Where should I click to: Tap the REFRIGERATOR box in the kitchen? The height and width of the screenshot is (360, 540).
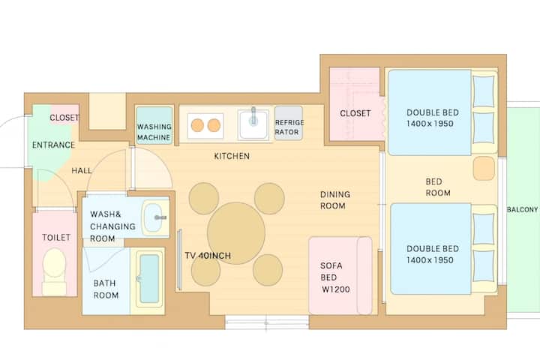point(289,123)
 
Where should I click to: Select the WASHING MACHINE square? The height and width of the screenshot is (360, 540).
point(154,125)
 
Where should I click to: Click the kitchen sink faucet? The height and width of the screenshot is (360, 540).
point(253,115)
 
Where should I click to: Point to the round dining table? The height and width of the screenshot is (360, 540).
point(236,233)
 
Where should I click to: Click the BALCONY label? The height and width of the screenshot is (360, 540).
point(522,209)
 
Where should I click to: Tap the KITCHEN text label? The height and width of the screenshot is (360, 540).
point(232,156)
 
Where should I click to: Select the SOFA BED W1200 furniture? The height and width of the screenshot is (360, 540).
point(340,275)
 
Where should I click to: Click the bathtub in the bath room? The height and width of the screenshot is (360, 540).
point(149,279)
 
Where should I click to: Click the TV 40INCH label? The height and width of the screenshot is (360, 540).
point(208,256)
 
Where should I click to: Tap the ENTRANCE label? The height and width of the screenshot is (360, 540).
point(53,145)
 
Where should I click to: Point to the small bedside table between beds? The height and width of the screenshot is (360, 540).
point(484,169)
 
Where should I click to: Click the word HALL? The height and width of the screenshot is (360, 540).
point(82,170)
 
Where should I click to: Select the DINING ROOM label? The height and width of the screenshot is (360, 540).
point(334,200)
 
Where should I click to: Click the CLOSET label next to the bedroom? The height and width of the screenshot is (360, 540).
point(355,113)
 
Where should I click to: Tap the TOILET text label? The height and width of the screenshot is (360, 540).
point(56,237)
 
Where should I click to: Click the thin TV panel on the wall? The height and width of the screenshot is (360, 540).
point(179,259)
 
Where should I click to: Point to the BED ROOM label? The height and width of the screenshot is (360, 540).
point(438,187)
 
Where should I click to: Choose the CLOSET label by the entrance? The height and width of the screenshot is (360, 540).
point(64,118)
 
